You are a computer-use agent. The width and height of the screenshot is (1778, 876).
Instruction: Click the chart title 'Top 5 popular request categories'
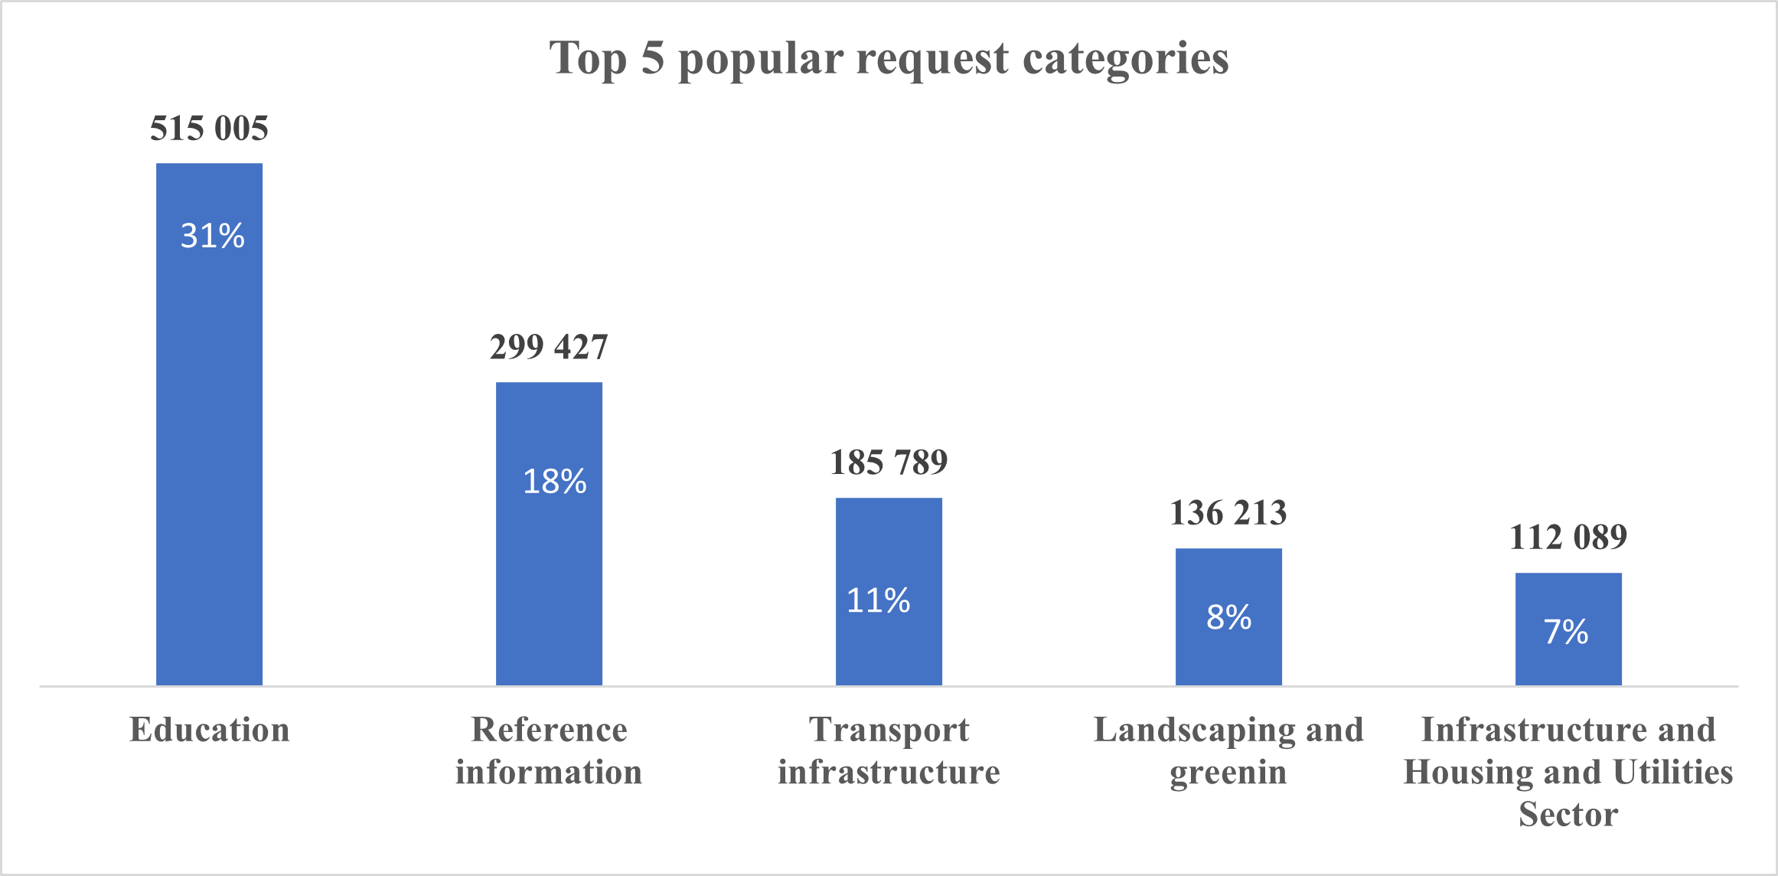pyautogui.click(x=889, y=58)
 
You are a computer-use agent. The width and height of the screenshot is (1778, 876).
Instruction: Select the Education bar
pyautogui.click(x=209, y=459)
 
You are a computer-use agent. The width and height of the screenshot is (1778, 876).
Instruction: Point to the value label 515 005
pyautogui.click(x=209, y=128)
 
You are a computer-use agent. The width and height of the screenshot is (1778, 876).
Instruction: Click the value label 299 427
pyautogui.click(x=549, y=347)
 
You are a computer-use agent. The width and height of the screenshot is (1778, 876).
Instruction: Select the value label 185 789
pyautogui.click(x=889, y=463)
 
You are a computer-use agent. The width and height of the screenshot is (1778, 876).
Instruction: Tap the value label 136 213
pyautogui.click(x=1228, y=513)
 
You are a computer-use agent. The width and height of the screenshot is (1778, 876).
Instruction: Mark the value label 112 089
pyautogui.click(x=1568, y=538)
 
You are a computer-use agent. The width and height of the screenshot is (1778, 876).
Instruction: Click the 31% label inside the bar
pyautogui.click(x=212, y=236)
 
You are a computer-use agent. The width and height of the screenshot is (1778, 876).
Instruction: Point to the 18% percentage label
pyautogui.click(x=554, y=482)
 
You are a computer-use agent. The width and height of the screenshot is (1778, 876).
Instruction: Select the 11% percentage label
pyautogui.click(x=878, y=601)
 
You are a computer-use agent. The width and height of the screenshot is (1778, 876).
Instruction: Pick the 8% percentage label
pyautogui.click(x=1228, y=617)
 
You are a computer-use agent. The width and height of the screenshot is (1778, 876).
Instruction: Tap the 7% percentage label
pyautogui.click(x=1566, y=632)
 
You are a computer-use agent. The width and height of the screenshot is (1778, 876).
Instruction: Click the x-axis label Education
pyautogui.click(x=209, y=730)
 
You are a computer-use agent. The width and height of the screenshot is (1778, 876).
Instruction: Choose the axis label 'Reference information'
pyautogui.click(x=549, y=751)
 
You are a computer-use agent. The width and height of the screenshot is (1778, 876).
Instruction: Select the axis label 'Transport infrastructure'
pyautogui.click(x=889, y=751)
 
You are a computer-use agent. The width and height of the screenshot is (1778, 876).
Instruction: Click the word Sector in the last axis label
pyautogui.click(x=1568, y=814)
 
